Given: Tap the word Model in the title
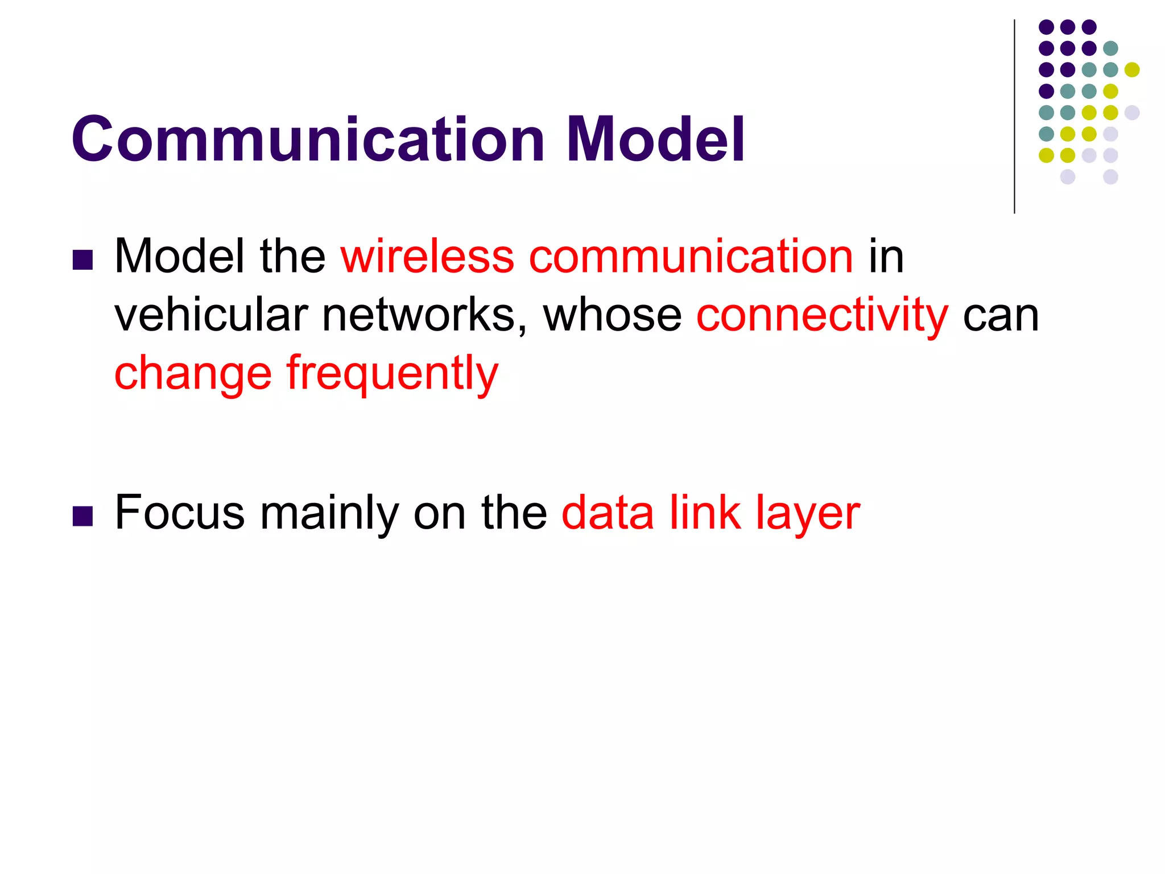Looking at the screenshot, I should [655, 139].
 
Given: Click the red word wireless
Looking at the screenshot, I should [427, 256].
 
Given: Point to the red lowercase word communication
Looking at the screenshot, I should [691, 256].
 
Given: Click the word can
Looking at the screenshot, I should [1001, 316].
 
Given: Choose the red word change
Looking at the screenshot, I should [193, 374].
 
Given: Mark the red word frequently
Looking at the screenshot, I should [393, 374].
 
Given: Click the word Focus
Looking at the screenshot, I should [180, 513].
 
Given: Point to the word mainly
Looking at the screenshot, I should [329, 514].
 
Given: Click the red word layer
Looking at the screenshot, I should [808, 514].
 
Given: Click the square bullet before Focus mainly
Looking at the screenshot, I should [83, 516].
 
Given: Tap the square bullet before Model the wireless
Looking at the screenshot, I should [83, 259].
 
